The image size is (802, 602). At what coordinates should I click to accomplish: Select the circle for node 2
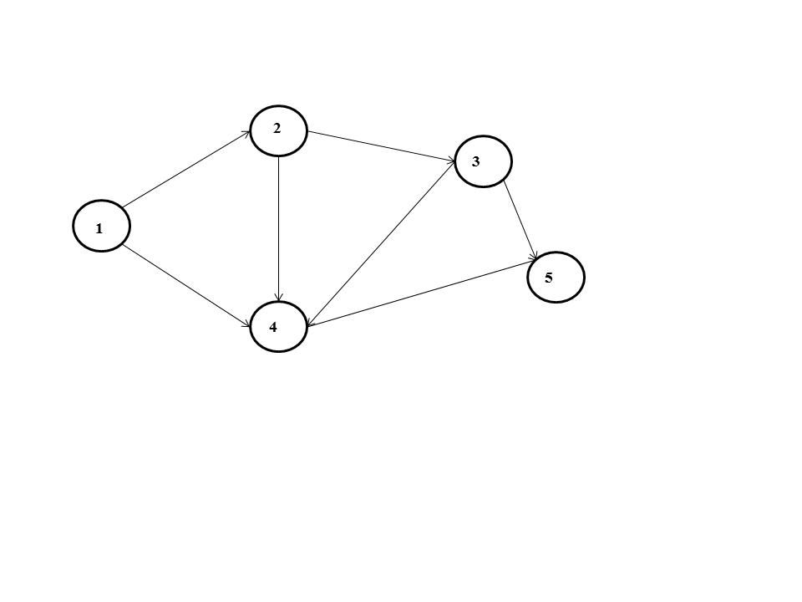point(278,130)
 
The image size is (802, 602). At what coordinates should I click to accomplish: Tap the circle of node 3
point(483,161)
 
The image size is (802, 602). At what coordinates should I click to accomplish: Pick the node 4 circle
point(279,327)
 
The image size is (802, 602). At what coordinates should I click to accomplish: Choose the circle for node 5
point(556,277)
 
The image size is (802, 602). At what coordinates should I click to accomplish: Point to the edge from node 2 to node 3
point(381,144)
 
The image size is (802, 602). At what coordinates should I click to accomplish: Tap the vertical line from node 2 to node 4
point(278,227)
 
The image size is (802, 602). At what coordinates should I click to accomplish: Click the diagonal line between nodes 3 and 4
point(380,242)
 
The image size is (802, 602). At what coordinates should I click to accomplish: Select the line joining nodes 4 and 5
point(422,294)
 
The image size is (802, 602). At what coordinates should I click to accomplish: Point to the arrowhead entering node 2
point(248,132)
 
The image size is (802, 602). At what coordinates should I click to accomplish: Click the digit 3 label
point(475,162)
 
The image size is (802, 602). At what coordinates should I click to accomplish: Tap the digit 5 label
point(548,278)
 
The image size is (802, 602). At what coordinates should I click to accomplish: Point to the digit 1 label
point(99,227)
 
